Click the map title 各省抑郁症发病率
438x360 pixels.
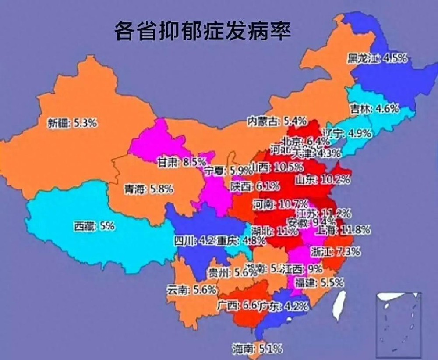pos(202,32)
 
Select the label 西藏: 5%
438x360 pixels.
pos(94,226)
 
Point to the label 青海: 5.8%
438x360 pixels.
pos(149,189)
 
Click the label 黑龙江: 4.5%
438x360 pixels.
pos(378,58)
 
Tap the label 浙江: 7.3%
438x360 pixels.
pos(336,252)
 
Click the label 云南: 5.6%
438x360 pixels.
pos(192,289)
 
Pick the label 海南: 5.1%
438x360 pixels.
pos(257,349)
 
